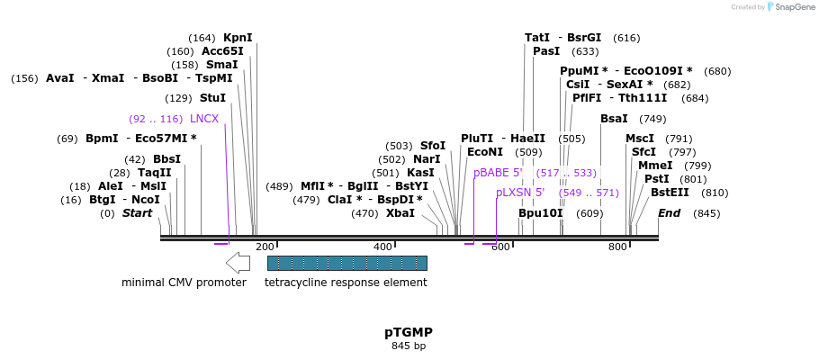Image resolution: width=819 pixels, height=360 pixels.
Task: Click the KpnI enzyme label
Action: click(x=238, y=38)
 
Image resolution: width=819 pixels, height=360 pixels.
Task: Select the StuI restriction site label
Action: click(x=212, y=98)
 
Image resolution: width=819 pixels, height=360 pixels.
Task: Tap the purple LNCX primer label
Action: click(x=204, y=119)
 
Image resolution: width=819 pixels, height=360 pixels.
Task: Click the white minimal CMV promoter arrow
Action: click(x=238, y=263)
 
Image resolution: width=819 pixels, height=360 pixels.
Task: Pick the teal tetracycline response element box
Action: click(x=346, y=263)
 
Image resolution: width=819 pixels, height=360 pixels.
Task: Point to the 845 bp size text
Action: click(x=409, y=346)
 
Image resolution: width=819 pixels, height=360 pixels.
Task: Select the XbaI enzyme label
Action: click(x=400, y=213)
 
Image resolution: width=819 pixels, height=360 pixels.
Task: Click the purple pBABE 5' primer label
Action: click(x=498, y=173)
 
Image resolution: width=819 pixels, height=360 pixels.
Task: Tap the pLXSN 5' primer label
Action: click(x=520, y=193)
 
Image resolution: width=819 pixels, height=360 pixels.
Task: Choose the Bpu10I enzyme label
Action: click(x=540, y=213)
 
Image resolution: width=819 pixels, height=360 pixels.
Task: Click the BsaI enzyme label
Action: click(x=615, y=119)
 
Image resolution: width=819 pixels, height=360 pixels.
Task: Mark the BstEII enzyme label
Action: click(x=670, y=193)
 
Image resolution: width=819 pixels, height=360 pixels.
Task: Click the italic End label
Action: click(x=670, y=213)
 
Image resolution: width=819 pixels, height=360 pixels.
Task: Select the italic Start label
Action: click(x=138, y=213)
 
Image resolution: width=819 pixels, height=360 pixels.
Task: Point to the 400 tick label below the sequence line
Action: click(x=382, y=247)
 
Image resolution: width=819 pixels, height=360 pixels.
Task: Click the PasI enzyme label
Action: click(x=546, y=51)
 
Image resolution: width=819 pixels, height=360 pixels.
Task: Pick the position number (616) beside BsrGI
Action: click(x=626, y=38)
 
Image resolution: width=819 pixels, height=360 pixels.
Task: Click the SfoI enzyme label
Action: click(x=433, y=146)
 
